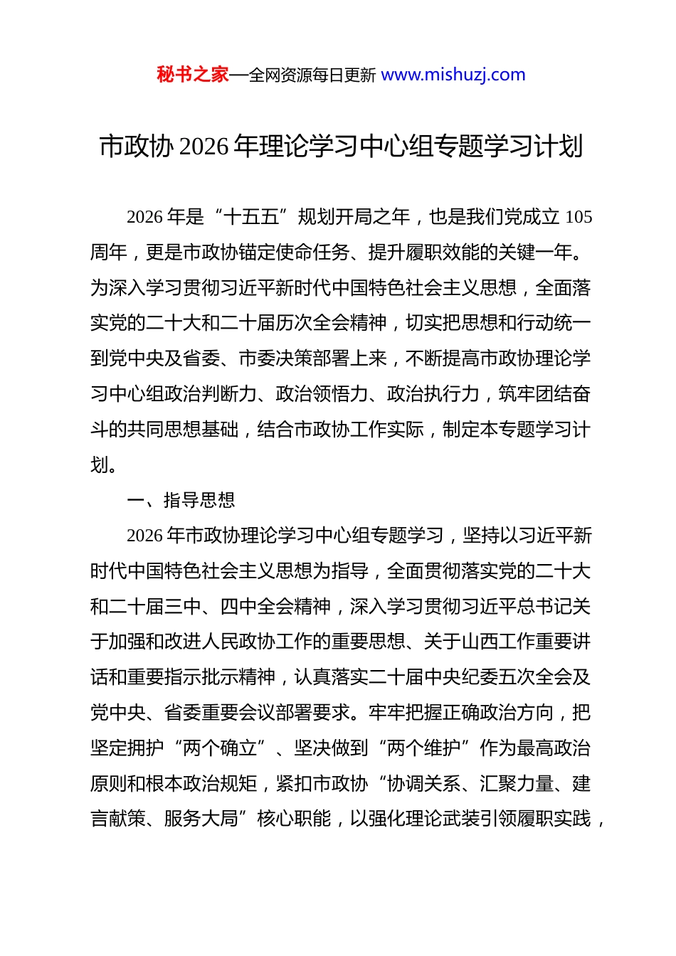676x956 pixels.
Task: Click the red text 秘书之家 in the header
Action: coord(192,75)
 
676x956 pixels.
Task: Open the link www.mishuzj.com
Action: coord(453,75)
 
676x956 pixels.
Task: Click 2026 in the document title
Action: coord(204,147)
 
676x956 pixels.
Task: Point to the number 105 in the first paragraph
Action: coord(578,217)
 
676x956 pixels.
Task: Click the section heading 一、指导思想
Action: coord(181,500)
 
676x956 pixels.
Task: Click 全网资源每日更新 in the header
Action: coord(312,75)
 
